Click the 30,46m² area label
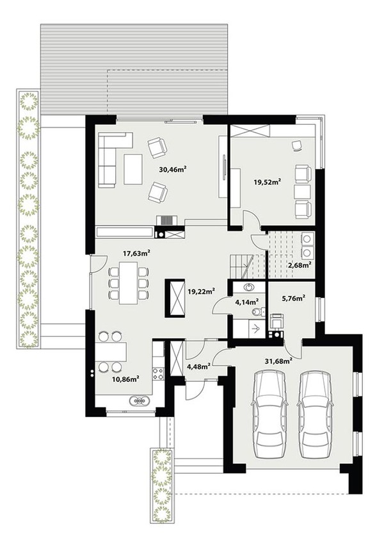(172, 170)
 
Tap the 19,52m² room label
(268, 181)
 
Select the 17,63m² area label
(136, 253)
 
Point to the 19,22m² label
(200, 290)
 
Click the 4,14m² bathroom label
(246, 302)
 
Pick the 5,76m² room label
(294, 298)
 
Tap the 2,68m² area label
(300, 265)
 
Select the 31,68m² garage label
(278, 361)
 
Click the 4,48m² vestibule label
(198, 366)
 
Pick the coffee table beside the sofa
(132, 170)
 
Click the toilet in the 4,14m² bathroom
(258, 311)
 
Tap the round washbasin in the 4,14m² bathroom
(249, 288)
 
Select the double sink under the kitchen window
(140, 400)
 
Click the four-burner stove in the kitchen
(158, 374)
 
